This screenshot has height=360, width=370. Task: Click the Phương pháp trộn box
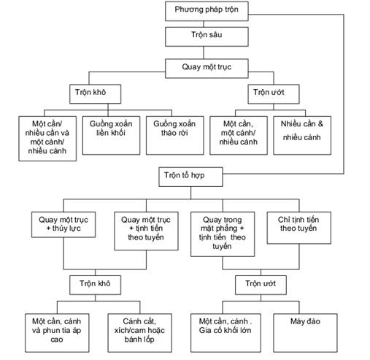207,11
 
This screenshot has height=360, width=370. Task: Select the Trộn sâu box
207,37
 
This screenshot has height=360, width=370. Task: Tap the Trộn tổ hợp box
190,177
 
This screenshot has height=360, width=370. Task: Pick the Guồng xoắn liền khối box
111,135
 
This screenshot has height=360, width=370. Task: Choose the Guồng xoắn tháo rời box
175,135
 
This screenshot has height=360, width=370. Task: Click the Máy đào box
305,333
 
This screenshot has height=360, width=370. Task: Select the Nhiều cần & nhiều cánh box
302,135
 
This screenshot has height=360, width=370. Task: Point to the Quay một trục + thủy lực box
63,224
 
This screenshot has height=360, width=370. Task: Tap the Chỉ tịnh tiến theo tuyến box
299,228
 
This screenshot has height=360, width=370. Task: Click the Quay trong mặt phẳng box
223,234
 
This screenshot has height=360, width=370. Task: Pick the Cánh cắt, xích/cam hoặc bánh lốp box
140,333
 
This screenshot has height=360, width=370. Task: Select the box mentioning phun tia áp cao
57,333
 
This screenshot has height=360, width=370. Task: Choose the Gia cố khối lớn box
226,333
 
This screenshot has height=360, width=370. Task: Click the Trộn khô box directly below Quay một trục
95,94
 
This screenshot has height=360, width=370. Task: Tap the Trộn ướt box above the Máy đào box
261,285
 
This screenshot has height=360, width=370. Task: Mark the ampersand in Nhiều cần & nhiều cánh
320,123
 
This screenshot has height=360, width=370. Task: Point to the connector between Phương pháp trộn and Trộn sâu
204,24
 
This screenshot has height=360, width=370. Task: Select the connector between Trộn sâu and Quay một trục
204,53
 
